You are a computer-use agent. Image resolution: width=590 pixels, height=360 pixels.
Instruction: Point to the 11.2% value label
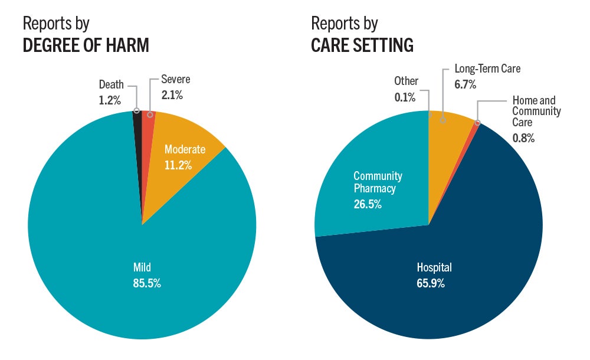click(x=178, y=165)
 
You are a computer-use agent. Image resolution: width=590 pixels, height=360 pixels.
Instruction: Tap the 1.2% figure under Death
click(x=110, y=100)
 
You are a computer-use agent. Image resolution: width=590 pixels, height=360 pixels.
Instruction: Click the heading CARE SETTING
click(x=362, y=45)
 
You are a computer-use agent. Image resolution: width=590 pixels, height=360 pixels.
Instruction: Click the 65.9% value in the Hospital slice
click(x=431, y=283)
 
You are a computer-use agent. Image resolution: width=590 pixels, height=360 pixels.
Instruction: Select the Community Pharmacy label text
click(x=378, y=182)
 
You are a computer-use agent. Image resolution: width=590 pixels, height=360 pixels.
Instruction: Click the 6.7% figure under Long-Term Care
click(x=466, y=84)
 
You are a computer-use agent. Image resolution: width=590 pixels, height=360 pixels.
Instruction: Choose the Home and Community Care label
click(x=536, y=112)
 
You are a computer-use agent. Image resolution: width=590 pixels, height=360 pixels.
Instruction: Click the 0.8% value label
click(x=523, y=138)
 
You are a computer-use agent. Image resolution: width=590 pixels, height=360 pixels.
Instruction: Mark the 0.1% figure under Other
click(x=406, y=96)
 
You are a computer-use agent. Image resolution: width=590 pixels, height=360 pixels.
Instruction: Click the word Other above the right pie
click(x=406, y=81)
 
